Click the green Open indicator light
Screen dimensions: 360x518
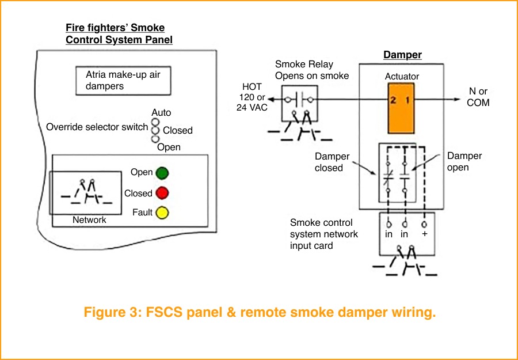(162, 173)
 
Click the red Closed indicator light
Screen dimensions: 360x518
(162, 193)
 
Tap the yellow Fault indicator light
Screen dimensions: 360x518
(162, 213)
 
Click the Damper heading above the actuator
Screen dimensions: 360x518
(402, 55)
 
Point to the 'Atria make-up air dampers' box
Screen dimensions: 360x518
(123, 81)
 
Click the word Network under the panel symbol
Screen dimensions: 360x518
(89, 220)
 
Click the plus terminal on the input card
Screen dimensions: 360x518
(425, 234)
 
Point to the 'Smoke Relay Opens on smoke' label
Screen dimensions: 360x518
(312, 70)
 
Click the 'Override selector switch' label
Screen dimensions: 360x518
(97, 127)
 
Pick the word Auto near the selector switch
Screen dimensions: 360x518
(161, 113)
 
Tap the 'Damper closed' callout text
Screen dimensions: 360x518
(332, 162)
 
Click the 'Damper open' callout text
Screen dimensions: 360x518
(464, 162)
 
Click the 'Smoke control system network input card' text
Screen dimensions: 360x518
(324, 234)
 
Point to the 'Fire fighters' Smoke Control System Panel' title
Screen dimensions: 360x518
(119, 33)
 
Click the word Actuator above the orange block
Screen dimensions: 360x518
(402, 77)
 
